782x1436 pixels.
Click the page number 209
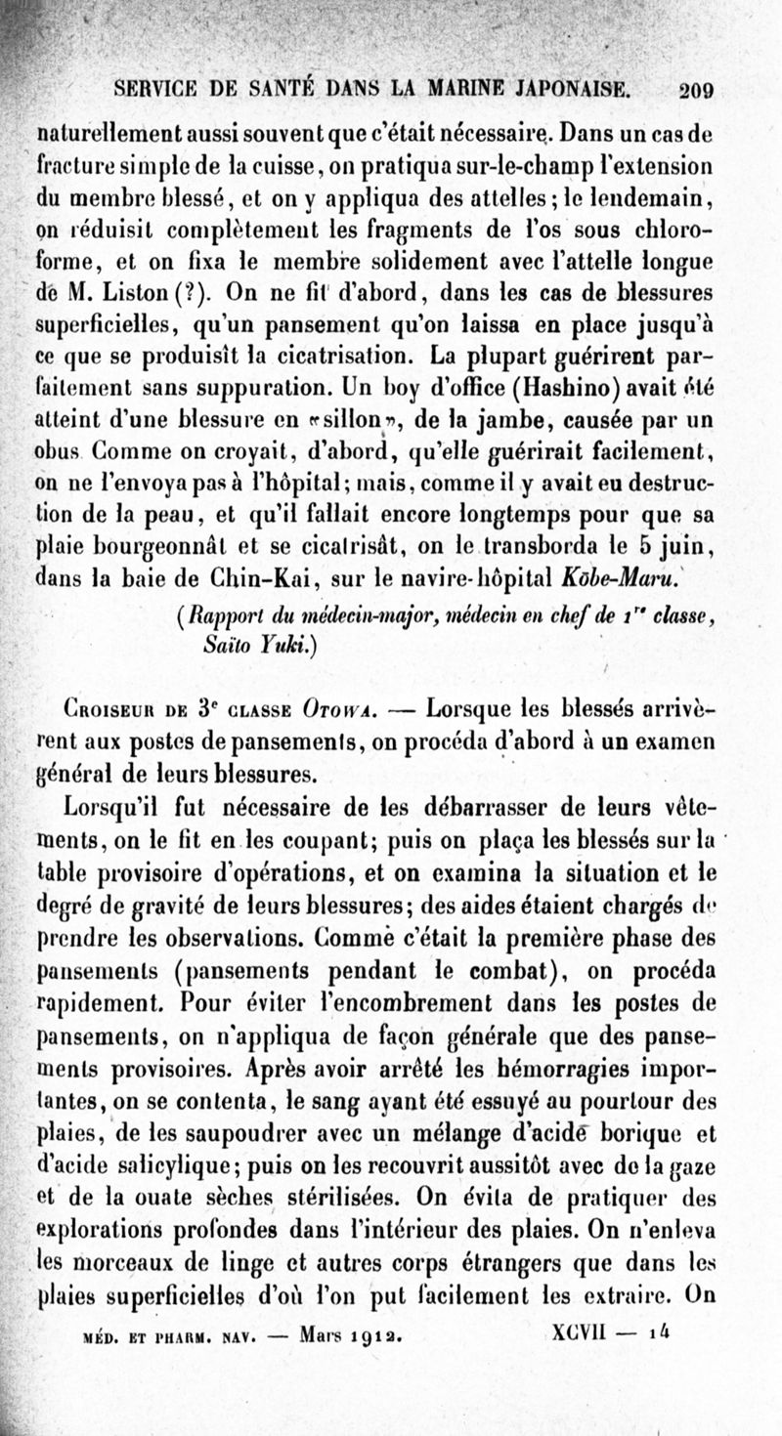[x=697, y=90]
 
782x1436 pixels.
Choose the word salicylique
[x=180, y=1163]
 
